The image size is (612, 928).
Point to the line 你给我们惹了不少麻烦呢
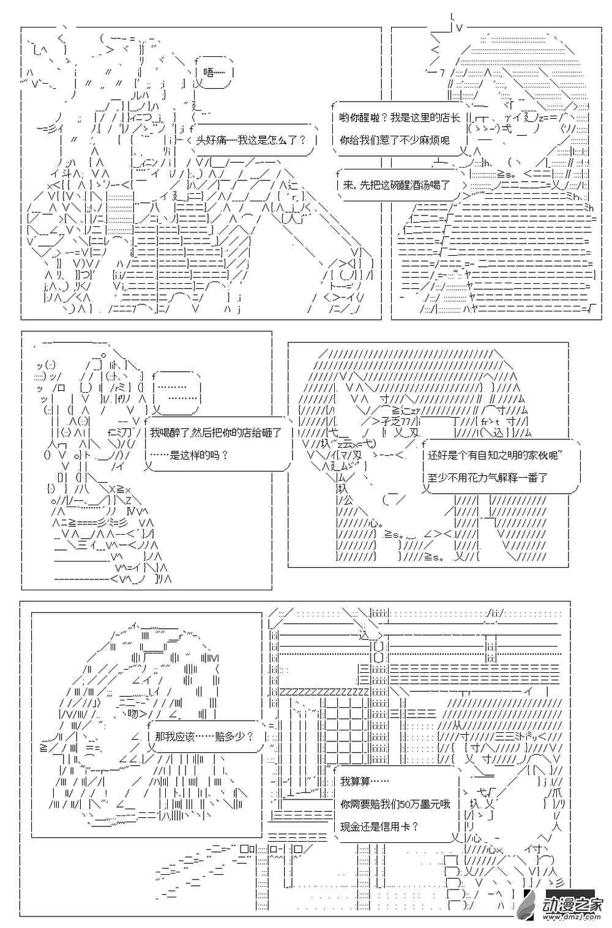(x=394, y=140)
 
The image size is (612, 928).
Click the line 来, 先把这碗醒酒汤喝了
(x=396, y=184)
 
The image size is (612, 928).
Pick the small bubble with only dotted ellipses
(x=176, y=392)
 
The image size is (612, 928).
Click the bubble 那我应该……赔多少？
(x=204, y=737)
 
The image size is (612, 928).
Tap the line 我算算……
(x=364, y=781)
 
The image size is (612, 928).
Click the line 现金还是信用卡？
(x=379, y=826)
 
